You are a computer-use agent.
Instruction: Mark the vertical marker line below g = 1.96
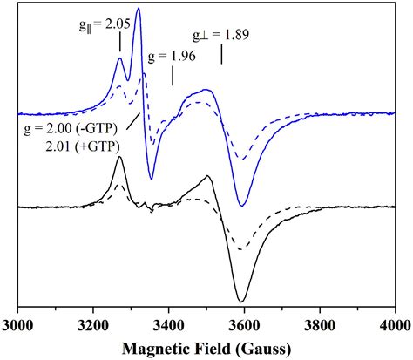(173, 76)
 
